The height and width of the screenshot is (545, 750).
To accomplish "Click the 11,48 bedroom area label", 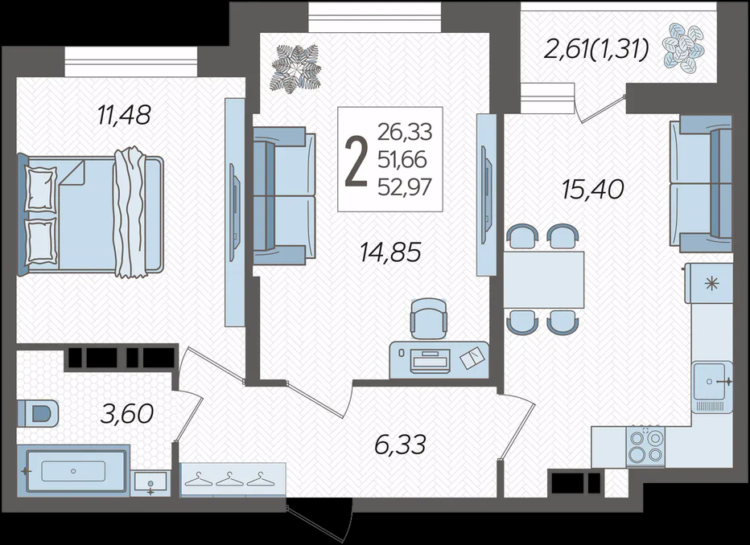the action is (x=124, y=115).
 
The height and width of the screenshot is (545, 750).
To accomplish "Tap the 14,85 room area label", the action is (x=390, y=252).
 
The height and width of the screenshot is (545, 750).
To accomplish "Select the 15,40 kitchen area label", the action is (x=593, y=190).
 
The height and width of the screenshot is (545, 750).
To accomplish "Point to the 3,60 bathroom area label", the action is (x=127, y=414).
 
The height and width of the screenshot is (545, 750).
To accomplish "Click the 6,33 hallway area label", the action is (x=400, y=445).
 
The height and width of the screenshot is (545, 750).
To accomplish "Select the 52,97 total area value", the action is (x=405, y=186).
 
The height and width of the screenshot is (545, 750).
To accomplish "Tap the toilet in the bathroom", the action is (x=38, y=412).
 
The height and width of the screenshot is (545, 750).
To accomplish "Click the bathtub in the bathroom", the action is (x=73, y=471).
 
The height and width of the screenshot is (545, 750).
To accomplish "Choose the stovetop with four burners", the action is (x=645, y=446).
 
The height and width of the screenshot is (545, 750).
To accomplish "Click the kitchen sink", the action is (x=712, y=381).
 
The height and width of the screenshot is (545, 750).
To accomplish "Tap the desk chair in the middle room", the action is (x=429, y=318).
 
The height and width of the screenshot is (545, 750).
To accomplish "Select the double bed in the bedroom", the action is (x=90, y=213).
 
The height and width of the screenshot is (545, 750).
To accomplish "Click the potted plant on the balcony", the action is (x=684, y=48).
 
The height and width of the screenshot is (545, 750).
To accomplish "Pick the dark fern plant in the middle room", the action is (x=295, y=69).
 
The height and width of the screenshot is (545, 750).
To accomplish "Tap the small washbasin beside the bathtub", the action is (x=150, y=483).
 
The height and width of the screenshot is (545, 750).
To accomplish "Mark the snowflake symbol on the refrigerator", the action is (x=712, y=284).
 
